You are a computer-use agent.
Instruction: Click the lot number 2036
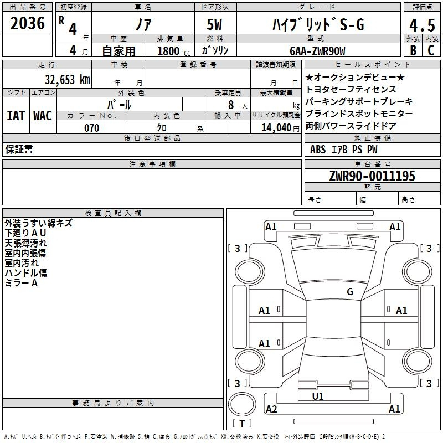point(27,23)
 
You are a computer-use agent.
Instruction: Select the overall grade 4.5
point(422,25)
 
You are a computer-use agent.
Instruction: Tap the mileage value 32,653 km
point(67,79)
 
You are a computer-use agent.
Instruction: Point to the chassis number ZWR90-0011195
point(372,176)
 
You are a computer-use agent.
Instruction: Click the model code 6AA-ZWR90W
point(317,51)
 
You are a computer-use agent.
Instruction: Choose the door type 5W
point(214,24)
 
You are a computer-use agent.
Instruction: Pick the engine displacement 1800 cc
point(174,51)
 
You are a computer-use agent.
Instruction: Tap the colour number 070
point(92,128)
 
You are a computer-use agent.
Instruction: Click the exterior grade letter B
point(413,50)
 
